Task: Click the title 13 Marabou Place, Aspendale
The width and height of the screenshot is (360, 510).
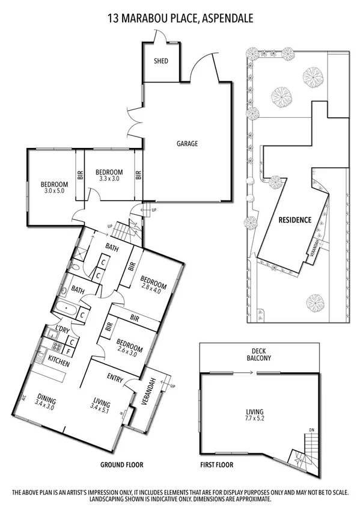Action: (x=180, y=19)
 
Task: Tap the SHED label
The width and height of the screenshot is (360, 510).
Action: (x=160, y=61)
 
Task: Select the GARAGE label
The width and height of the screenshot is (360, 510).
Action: (x=187, y=144)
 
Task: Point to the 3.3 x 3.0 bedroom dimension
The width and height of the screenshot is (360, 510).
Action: (x=109, y=179)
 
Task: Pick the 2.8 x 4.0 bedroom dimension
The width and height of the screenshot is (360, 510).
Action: (x=151, y=287)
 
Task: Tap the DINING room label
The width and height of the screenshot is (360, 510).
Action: (x=46, y=397)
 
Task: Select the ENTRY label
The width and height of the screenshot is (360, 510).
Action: (x=115, y=377)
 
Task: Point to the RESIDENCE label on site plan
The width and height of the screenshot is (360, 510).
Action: (x=294, y=220)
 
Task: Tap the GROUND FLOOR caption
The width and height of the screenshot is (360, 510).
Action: (x=123, y=464)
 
